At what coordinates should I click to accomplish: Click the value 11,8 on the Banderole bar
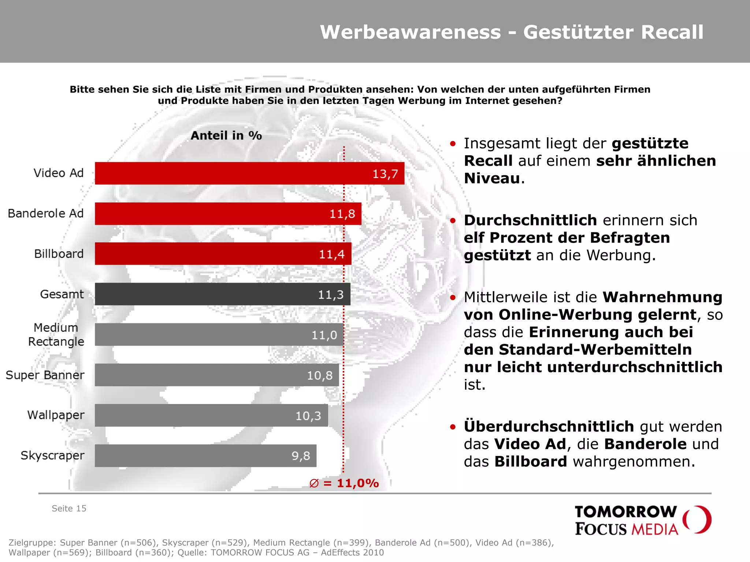point(342,214)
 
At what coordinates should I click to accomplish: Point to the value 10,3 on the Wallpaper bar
point(308,416)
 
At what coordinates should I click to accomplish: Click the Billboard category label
point(59,254)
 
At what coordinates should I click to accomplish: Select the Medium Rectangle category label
point(56,334)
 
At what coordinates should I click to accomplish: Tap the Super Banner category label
point(45,375)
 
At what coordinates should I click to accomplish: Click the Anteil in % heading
point(226,136)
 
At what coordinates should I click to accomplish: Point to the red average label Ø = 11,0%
point(344,483)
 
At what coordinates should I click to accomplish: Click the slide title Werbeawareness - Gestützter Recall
point(511,32)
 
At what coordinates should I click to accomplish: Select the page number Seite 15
point(69,509)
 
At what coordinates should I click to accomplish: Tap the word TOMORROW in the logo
point(625,512)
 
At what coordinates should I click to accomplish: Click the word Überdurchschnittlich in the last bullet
point(549,427)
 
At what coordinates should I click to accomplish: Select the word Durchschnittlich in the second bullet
point(530,220)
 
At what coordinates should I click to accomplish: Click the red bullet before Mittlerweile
point(453,297)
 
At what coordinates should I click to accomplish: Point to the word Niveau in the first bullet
point(492,179)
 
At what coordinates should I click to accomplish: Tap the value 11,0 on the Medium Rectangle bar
point(324,335)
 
